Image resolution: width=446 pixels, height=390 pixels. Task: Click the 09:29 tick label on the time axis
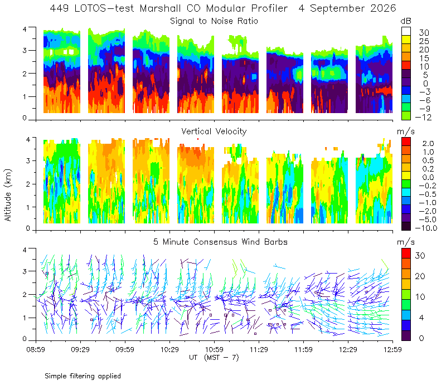coord(80,349)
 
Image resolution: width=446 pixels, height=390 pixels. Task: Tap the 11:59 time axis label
coord(303,349)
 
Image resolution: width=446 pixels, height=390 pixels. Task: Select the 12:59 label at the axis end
coord(392,349)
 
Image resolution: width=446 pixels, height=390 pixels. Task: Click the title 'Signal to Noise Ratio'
coord(214,21)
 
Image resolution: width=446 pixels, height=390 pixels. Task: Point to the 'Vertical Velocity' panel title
coord(214,131)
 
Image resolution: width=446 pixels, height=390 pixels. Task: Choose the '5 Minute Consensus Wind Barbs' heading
coord(220,242)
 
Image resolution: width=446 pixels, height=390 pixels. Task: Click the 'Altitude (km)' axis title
coord(8,195)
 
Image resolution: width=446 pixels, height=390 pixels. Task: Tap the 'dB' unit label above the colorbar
coord(406,21)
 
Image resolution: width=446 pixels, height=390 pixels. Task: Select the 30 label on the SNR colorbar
coord(424,32)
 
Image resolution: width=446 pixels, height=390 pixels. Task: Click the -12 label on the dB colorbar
coord(423,117)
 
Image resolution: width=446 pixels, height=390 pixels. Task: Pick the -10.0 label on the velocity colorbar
coord(426,228)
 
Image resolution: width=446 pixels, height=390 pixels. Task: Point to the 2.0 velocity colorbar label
coord(428,143)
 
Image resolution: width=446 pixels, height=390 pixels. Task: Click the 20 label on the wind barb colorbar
coord(420,276)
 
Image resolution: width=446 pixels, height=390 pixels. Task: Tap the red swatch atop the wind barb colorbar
coord(406,253)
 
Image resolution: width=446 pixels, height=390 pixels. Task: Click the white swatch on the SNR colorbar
coord(406,31)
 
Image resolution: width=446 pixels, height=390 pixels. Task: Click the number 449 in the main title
coord(59,8)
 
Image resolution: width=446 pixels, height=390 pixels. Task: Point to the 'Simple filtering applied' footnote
coord(83,376)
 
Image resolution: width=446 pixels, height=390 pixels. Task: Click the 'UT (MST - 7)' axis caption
coord(214,357)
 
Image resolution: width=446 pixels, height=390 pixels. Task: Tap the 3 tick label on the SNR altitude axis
coord(25,50)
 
